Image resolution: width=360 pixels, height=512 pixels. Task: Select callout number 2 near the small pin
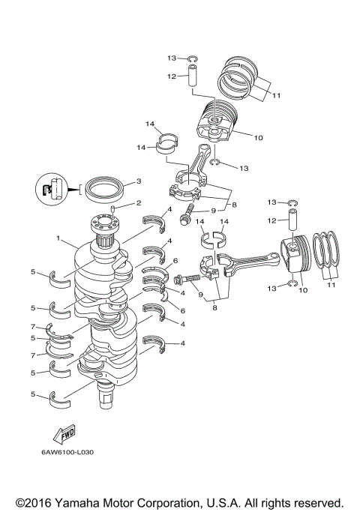pos(137,203)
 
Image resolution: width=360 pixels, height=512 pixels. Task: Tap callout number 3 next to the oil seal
pos(137,181)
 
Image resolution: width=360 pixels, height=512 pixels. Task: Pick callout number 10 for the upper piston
pos(259,137)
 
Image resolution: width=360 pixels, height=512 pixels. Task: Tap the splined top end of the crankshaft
pos(105,223)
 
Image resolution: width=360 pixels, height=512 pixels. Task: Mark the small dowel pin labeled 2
pos(113,208)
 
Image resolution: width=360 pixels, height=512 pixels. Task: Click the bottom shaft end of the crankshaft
pos(104,393)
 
